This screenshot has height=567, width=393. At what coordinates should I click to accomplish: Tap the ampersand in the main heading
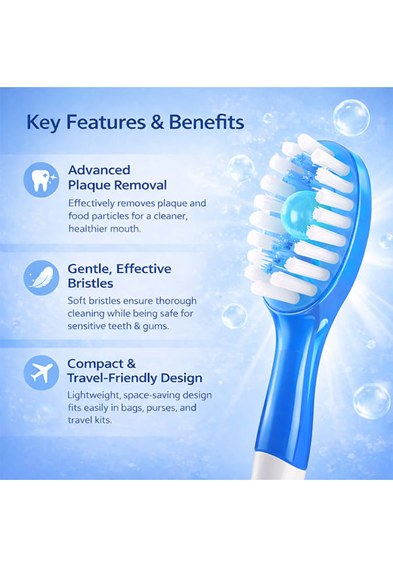click(x=157, y=122)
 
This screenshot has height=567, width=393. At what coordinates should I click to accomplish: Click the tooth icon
click(x=41, y=179)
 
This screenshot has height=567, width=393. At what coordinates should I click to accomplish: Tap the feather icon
click(x=41, y=278)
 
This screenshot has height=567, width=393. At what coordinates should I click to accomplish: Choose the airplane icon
click(x=41, y=373)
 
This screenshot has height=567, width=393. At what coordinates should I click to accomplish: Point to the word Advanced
click(x=99, y=170)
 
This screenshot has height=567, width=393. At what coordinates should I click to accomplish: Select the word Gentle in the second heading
click(x=89, y=269)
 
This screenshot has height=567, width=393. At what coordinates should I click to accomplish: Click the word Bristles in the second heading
click(x=90, y=283)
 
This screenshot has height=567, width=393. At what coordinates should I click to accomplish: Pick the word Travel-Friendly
click(x=112, y=378)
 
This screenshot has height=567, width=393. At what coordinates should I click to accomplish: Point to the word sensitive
click(x=85, y=326)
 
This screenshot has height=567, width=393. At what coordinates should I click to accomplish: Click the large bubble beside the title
click(x=351, y=118)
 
